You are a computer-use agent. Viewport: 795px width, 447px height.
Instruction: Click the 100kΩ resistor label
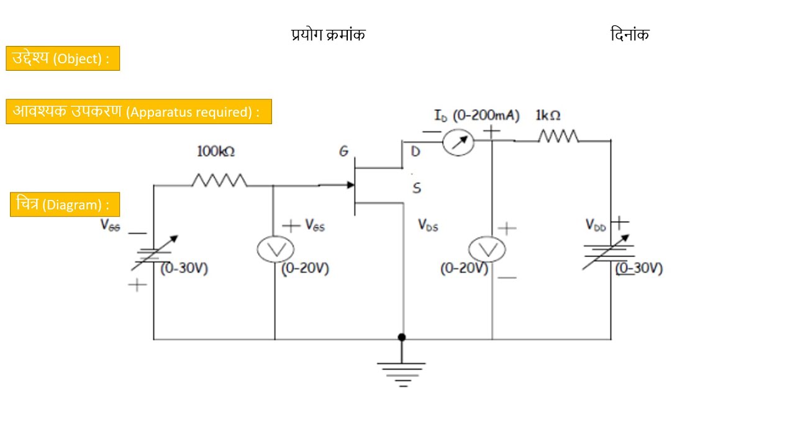pyautogui.click(x=216, y=151)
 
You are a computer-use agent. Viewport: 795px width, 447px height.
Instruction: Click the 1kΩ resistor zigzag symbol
pyautogui.click(x=558, y=136)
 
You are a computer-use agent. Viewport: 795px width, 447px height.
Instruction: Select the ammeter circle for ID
pyautogui.click(x=458, y=143)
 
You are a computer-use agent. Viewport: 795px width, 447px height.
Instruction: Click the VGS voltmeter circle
pyautogui.click(x=275, y=250)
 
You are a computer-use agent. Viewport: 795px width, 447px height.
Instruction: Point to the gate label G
pyautogui.click(x=343, y=151)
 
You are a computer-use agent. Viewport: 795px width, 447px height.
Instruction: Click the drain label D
pyautogui.click(x=416, y=152)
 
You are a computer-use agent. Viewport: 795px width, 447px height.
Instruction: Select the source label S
pyautogui.click(x=416, y=188)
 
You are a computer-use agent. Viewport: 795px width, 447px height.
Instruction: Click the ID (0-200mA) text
pyautogui.click(x=476, y=115)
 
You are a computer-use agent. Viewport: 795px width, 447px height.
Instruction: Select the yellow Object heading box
pyautogui.click(x=63, y=58)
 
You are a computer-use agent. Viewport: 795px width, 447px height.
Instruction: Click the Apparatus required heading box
pyautogui.click(x=139, y=112)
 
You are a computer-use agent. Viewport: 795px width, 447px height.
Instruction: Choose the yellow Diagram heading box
pyautogui.click(x=65, y=204)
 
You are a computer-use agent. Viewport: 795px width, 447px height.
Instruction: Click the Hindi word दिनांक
pyautogui.click(x=629, y=35)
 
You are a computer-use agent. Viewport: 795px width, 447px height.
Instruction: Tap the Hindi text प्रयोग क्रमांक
pyautogui.click(x=329, y=35)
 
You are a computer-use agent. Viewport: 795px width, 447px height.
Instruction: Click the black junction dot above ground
pyautogui.click(x=402, y=337)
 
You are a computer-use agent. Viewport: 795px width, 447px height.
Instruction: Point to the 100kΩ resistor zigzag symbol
pyautogui.click(x=219, y=180)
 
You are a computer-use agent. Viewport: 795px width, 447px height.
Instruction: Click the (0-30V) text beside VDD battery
pyautogui.click(x=640, y=269)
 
